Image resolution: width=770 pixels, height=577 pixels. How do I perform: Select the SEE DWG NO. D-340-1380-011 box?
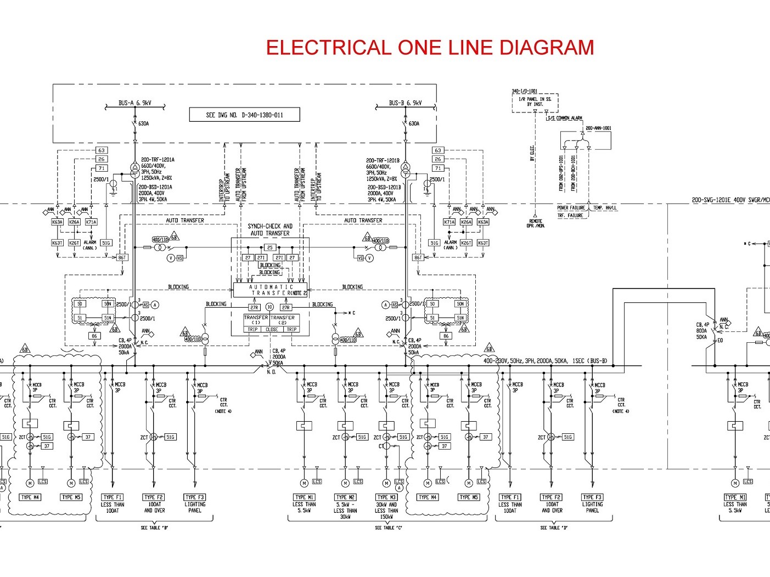pos(245,115)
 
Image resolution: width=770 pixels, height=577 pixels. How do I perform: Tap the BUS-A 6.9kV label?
pos(135,103)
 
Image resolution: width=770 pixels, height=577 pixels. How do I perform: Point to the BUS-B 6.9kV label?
pos(405,103)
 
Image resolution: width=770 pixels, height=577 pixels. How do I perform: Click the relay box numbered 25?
pos(269,248)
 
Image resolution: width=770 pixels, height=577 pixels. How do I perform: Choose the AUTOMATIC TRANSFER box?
pos(271,290)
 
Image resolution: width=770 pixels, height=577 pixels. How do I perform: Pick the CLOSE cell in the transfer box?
pos(272,330)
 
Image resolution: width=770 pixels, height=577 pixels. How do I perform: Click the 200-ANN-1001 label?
pos(598,128)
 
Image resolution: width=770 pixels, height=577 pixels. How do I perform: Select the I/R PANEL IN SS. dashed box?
pos(535,102)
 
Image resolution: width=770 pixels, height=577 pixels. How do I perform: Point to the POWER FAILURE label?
pos(571,208)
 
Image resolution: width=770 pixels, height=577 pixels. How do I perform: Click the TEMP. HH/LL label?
pos(605,208)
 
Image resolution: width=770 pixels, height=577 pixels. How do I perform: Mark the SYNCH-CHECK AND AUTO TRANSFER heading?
pos(270,229)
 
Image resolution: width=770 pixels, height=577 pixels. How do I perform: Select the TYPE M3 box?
pos(386,497)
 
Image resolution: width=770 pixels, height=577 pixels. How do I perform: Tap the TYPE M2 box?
pos(345,497)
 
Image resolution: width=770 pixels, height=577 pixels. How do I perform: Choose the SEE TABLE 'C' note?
pos(386,528)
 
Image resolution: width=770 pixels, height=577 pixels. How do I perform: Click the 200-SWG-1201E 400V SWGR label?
pos(730,201)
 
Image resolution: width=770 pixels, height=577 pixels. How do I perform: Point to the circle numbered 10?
pos(269,307)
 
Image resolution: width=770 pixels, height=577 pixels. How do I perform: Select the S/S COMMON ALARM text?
pos(564,118)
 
